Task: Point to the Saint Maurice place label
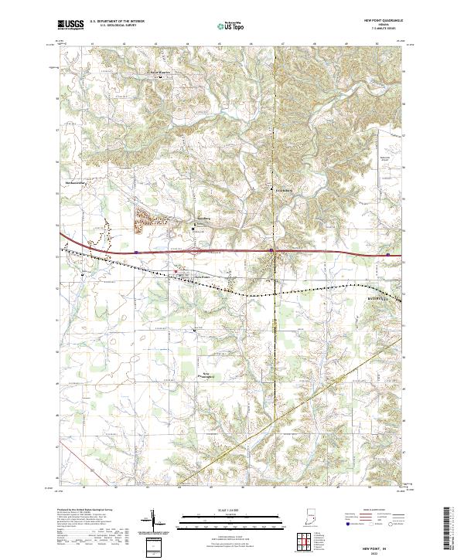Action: coord(160,73)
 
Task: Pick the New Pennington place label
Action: coord(207,376)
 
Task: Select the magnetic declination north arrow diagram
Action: coord(153,524)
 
